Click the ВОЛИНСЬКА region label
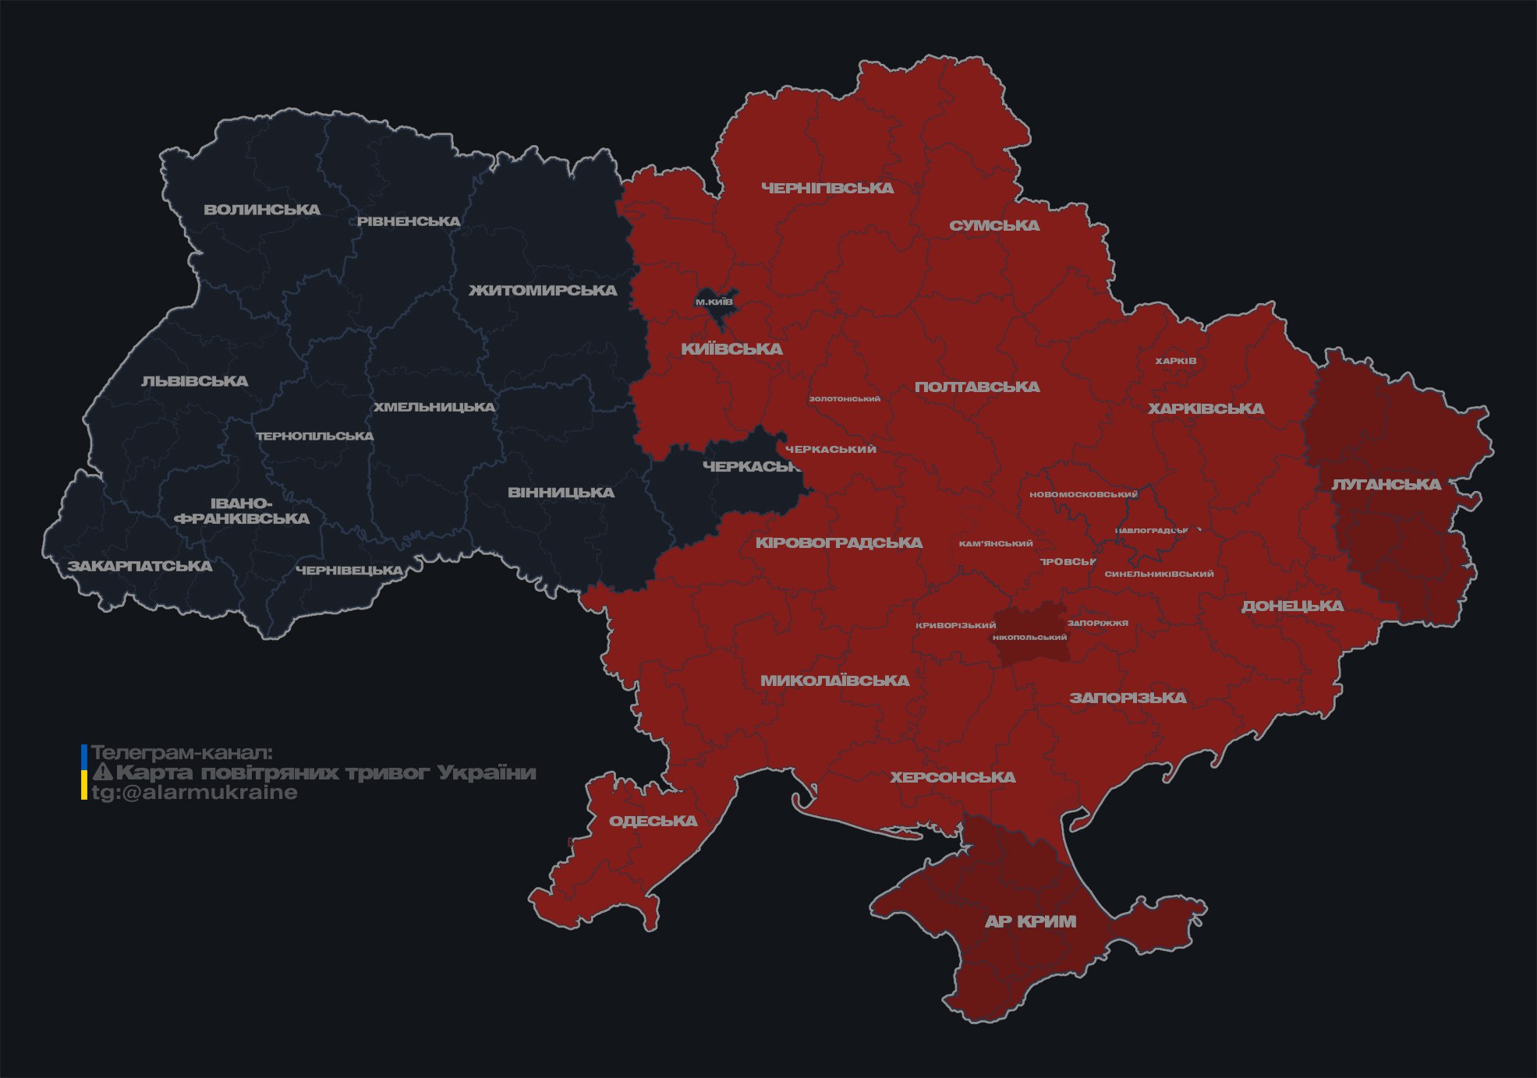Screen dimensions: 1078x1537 262,210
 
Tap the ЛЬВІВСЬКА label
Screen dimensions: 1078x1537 195,381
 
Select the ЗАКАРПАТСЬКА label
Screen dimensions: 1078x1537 140,566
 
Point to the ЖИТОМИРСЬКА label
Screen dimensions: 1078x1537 543,291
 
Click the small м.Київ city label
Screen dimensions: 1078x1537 714,302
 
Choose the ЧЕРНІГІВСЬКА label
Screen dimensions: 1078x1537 827,188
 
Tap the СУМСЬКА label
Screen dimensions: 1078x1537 994,225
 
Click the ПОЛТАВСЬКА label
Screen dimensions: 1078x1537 977,387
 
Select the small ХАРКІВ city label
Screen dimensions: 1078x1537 1175,361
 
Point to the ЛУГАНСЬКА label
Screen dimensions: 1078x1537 1386,484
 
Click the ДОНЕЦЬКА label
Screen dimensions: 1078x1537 1292,606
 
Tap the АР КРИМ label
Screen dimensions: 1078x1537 1030,921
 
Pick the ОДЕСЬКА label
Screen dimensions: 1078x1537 653,821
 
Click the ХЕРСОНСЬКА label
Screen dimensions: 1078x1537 953,777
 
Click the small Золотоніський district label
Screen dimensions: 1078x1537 845,399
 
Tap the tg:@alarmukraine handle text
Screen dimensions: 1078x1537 194,793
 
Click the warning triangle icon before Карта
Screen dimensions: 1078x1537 103,772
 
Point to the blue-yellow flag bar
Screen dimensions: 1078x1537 84,772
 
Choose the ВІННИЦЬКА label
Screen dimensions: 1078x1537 561,493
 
